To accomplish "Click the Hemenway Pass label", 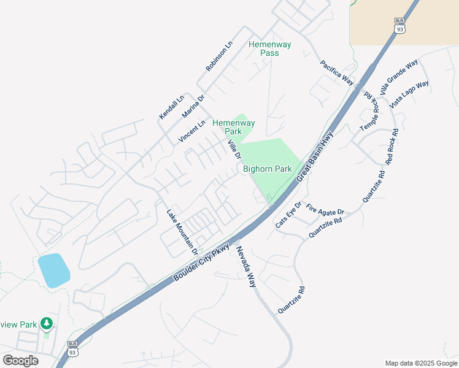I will [x=264, y=48].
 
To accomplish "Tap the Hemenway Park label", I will [x=233, y=127].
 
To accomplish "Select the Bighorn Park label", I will [x=267, y=169].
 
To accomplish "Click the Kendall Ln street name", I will [x=171, y=107].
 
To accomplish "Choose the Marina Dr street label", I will [x=193, y=106].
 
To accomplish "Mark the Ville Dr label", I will [x=234, y=149].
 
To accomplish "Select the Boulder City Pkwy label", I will [x=202, y=263].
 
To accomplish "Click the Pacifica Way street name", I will [x=337, y=72].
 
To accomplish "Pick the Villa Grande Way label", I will [x=399, y=74].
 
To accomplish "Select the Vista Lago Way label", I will [x=409, y=94].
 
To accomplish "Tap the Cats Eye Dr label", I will [x=288, y=215].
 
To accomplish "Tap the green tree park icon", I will [x=46, y=323].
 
